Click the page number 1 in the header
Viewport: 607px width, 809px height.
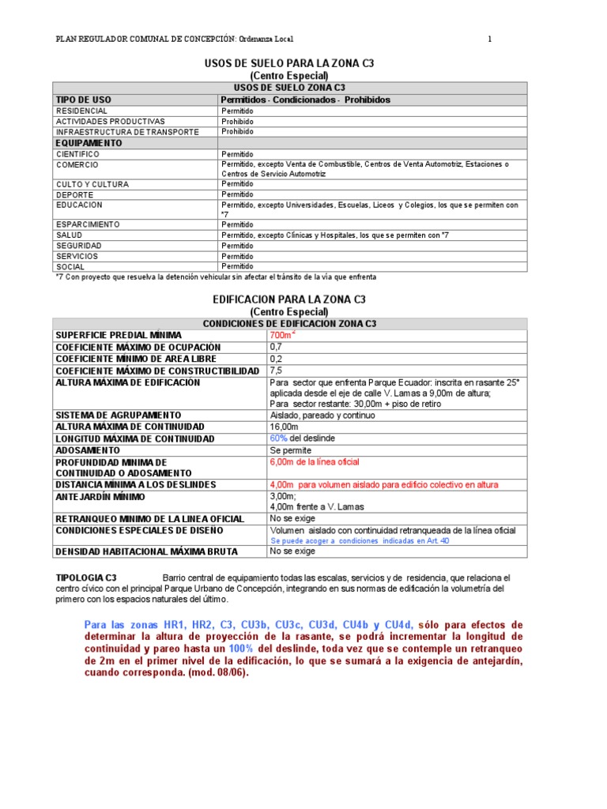(x=489, y=39)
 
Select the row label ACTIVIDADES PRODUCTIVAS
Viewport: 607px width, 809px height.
(x=110, y=122)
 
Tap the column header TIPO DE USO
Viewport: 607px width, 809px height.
(x=83, y=100)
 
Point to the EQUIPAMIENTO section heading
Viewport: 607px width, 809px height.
(x=89, y=143)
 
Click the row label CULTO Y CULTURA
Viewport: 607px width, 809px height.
(x=92, y=184)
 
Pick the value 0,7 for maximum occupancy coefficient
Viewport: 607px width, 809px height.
(x=276, y=347)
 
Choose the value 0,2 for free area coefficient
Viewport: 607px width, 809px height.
(x=276, y=359)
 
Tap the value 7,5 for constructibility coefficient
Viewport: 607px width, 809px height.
(x=276, y=371)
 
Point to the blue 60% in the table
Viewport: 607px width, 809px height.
(x=280, y=438)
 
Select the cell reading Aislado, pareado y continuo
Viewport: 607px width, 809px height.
(x=322, y=415)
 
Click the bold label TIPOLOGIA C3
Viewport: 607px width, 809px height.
(x=88, y=578)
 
